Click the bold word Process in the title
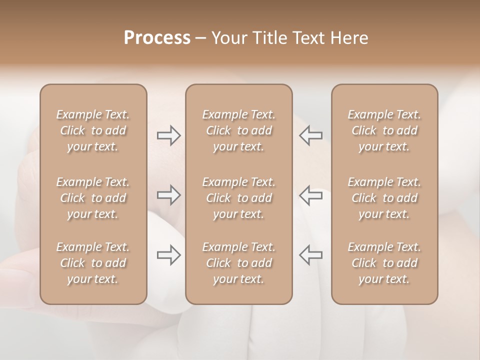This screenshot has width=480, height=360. [x=157, y=38]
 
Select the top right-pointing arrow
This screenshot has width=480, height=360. [x=169, y=135]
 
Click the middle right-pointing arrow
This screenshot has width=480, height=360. [x=169, y=195]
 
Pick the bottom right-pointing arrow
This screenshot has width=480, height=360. [x=169, y=255]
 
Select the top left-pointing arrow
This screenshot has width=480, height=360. [x=310, y=135]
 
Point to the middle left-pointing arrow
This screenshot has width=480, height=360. [x=310, y=195]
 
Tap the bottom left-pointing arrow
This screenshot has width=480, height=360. [x=310, y=255]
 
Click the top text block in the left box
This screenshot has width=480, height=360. [x=93, y=130]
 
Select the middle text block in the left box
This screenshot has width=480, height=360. [x=93, y=198]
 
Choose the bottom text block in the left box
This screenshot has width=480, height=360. [x=93, y=263]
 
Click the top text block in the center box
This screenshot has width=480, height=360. [x=238, y=130]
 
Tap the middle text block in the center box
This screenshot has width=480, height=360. [x=238, y=198]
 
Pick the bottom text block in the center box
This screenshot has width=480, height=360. [x=238, y=263]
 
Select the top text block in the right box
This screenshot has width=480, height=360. [x=384, y=130]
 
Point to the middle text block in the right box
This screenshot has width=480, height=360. [x=384, y=198]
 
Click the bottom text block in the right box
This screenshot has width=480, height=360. [x=384, y=263]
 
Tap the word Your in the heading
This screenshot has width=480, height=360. [x=228, y=38]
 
